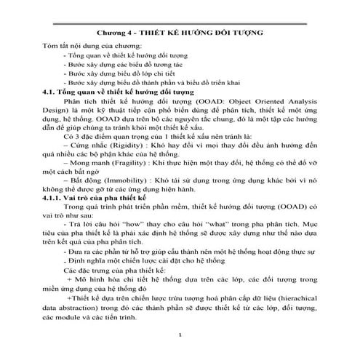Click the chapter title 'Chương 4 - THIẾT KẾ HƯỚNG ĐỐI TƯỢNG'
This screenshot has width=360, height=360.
click(180, 34)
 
